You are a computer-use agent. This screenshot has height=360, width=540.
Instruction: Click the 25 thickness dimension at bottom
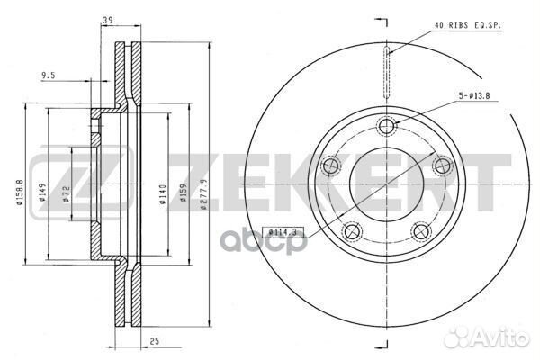coord(155,343)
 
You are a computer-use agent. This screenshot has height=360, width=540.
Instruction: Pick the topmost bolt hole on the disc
coord(387,126)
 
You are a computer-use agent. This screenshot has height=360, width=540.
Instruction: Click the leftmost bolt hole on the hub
coord(330,166)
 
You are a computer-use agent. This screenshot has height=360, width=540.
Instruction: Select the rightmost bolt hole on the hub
coord(443,166)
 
